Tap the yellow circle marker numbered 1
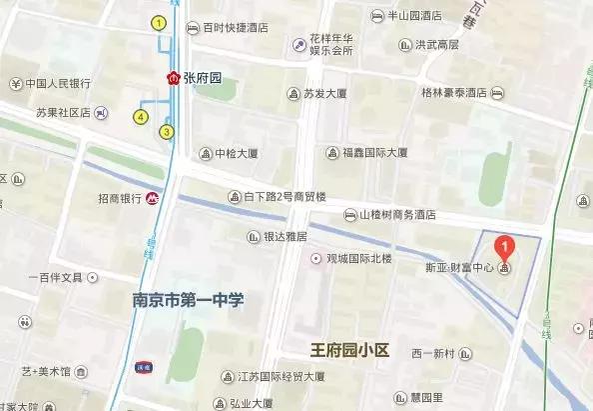click(x=158, y=22)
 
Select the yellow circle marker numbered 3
click(x=166, y=131)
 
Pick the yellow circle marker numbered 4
click(x=140, y=117)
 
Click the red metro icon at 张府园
click(x=174, y=78)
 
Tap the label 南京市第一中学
click(x=189, y=300)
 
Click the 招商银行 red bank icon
click(x=152, y=198)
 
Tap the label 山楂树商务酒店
click(x=397, y=214)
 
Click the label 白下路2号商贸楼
click(x=286, y=196)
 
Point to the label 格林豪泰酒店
click(x=453, y=92)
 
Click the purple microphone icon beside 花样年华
click(x=298, y=44)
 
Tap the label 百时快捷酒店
click(x=235, y=28)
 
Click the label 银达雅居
click(x=285, y=237)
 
